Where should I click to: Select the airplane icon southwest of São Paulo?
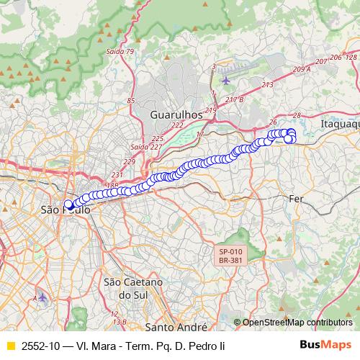pos(42,297)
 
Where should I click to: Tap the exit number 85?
pos(130,100)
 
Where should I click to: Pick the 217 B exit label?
pos(234,99)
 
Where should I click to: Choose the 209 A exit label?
pos(302,69)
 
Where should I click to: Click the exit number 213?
pos(268,85)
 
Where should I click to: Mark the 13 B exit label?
pos(120,322)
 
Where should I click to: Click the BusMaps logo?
pos(325,346)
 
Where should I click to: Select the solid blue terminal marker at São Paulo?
pos(68,204)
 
